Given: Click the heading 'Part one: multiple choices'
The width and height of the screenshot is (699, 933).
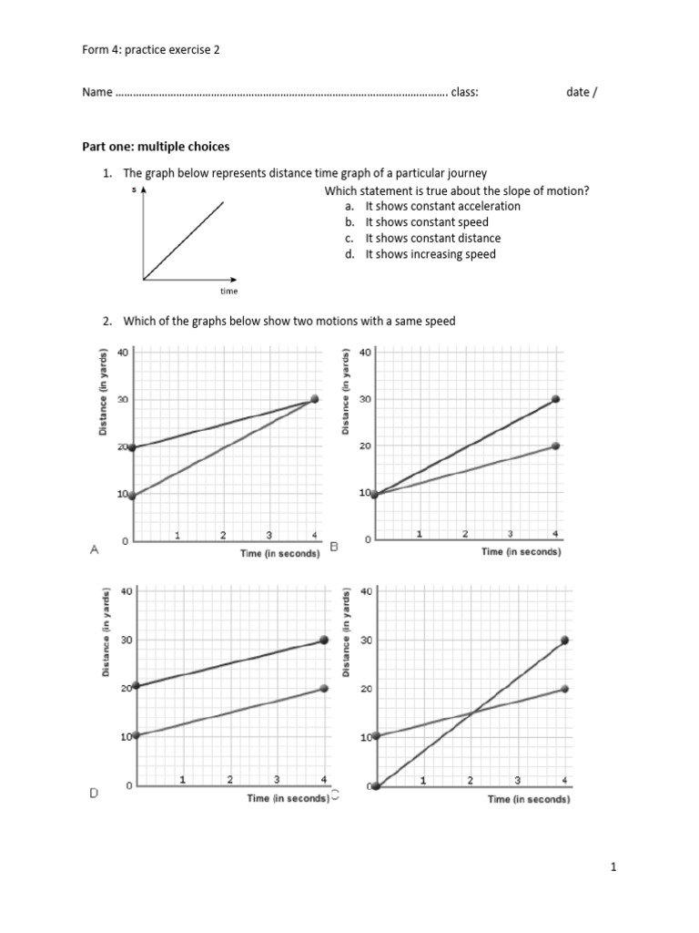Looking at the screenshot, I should [x=156, y=146].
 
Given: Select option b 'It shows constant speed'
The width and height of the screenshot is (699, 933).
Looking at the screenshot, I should [x=426, y=221].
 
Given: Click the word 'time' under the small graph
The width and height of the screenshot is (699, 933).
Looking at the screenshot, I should [x=228, y=292].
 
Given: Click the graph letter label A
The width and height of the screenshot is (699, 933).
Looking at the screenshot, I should [x=94, y=550].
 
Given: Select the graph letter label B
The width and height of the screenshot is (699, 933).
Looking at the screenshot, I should [x=334, y=547].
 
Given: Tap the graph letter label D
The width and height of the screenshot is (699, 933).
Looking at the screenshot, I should [x=94, y=795].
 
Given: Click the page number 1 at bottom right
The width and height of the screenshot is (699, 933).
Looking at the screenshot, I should [x=613, y=868].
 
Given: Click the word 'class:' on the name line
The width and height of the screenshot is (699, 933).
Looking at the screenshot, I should [x=465, y=92].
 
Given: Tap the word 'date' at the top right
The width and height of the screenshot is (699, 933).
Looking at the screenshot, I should [x=578, y=92].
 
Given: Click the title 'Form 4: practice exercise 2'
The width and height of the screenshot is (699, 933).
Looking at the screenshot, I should [x=151, y=51].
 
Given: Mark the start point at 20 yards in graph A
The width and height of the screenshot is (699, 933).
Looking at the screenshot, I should [x=133, y=447].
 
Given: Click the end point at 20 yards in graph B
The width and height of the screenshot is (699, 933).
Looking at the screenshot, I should [x=556, y=446].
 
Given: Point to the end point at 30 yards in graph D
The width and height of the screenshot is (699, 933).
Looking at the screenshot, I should [x=325, y=641].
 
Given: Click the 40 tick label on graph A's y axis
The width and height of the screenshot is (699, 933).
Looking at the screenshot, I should [x=125, y=353].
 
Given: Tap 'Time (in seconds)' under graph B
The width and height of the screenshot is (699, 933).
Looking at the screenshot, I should [x=522, y=551].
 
